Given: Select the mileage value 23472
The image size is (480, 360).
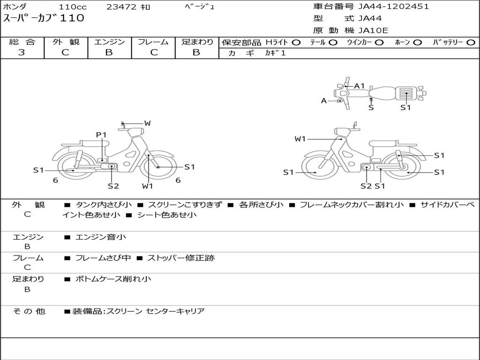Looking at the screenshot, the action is pyautogui.click(x=121, y=7).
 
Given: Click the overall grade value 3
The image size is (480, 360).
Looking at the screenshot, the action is pyautogui.click(x=22, y=52).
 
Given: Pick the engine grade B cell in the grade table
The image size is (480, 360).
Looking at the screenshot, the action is pyautogui.click(x=109, y=52).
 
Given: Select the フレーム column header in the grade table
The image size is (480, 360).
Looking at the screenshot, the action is pyautogui.click(x=153, y=42).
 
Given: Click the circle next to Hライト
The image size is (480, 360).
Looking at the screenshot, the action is pyautogui.click(x=296, y=42).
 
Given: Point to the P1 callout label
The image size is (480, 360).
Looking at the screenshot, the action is pyautogui.click(x=101, y=135).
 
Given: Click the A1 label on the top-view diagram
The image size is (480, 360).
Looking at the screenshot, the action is pyautogui.click(x=360, y=86).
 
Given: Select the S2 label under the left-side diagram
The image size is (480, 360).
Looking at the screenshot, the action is pyautogui.click(x=113, y=186).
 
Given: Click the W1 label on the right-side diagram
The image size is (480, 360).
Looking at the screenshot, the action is pyautogui.click(x=300, y=139).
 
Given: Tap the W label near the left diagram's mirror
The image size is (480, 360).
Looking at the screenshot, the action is pyautogui.click(x=147, y=123).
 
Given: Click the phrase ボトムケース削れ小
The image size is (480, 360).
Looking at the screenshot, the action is pyautogui.click(x=113, y=279).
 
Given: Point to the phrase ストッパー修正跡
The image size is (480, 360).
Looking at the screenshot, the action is pyautogui.click(x=181, y=258).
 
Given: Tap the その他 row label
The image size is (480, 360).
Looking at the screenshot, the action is pyautogui.click(x=29, y=311).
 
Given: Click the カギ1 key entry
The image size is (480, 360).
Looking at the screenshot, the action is pyautogui.click(x=275, y=53).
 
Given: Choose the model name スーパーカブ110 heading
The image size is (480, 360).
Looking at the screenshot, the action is pyautogui.click(x=44, y=18).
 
